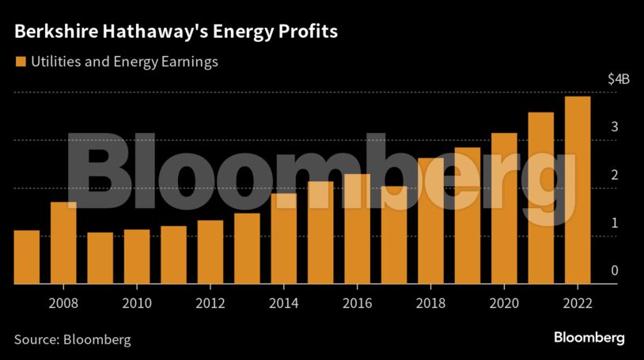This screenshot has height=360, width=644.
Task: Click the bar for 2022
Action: click(578, 190)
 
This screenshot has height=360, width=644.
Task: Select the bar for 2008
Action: click(63, 243)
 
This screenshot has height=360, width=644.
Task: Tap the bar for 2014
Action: click(284, 238)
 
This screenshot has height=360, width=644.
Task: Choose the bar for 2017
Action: click(394, 235)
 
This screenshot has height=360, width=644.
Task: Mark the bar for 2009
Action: click(100, 258)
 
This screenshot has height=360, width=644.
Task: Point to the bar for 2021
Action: click(541, 198)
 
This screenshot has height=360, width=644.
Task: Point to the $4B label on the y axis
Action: click(618, 79)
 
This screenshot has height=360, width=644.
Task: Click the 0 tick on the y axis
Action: click(614, 271)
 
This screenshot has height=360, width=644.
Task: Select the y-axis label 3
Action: click(614, 127)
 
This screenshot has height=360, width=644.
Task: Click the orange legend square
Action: click(19, 61)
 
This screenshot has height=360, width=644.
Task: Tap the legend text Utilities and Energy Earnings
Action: click(123, 61)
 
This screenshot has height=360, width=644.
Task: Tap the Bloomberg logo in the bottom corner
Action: click(589, 338)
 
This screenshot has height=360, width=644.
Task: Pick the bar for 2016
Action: click(358, 229)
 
